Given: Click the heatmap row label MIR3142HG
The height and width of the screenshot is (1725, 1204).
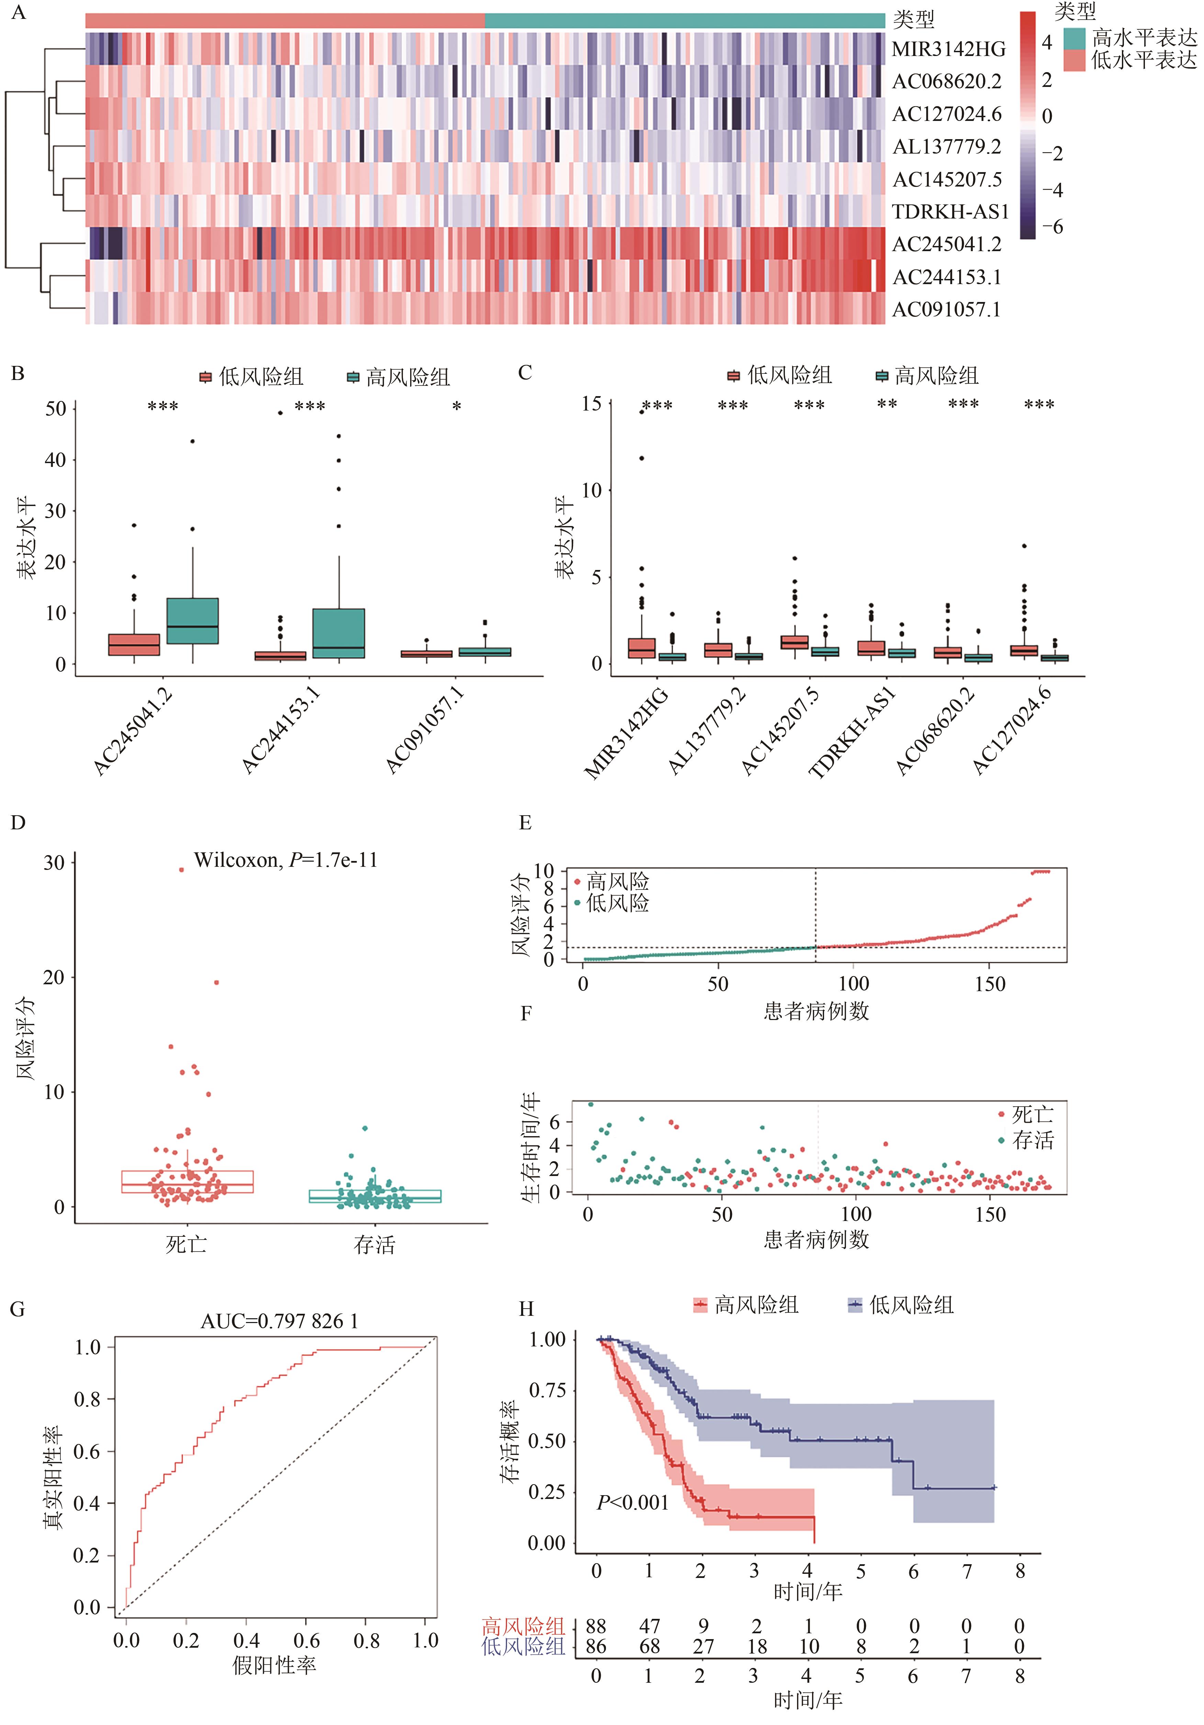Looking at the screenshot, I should (948, 49).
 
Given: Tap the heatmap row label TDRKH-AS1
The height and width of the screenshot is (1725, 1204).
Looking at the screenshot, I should (950, 212).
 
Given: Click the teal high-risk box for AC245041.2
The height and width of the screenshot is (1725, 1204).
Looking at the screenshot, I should (192, 620).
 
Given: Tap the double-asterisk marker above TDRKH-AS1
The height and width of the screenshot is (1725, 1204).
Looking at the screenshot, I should (887, 404).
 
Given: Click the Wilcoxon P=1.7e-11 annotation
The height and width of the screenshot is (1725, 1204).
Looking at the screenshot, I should (285, 860).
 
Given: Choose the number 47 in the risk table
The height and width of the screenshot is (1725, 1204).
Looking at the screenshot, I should (649, 1626).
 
